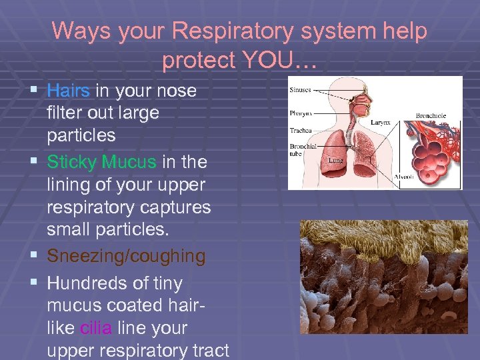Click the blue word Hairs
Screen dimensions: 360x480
69,90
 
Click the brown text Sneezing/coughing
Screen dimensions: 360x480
126,256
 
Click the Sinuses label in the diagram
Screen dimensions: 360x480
300,89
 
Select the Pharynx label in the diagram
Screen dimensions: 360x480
300,113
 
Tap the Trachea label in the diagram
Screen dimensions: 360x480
300,130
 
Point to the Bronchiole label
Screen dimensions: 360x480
431,116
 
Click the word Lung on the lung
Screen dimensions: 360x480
335,160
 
